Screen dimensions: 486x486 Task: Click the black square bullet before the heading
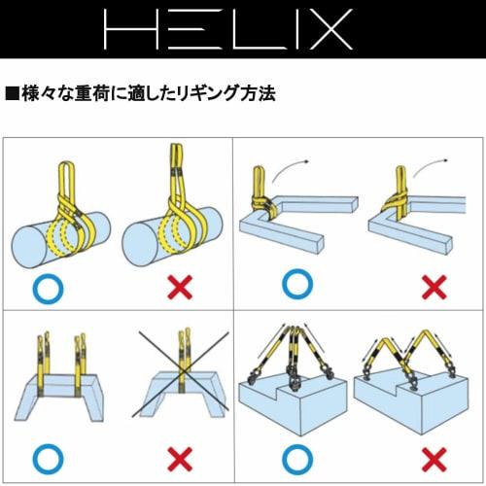pos(12,95)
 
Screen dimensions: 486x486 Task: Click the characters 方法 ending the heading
pos(256,95)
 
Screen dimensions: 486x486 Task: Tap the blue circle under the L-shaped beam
pos(297,287)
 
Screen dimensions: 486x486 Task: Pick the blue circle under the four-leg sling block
pos(296,457)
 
